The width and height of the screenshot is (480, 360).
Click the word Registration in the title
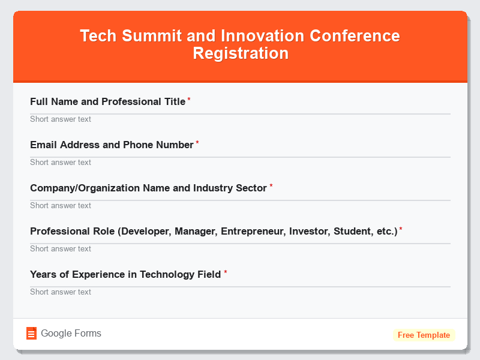(241, 53)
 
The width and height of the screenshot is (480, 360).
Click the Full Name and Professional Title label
(107, 101)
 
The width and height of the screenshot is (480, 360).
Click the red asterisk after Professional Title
(189, 100)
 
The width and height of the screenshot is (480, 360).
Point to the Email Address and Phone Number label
(112, 145)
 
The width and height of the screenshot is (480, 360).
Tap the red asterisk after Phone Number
(197, 143)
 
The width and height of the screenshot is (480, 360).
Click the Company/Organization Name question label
(148, 188)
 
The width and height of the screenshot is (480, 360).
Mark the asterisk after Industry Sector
(271, 186)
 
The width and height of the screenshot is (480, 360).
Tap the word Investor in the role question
(308, 231)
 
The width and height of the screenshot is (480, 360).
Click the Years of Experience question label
(125, 274)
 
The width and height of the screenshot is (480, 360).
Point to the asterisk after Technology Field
(226, 272)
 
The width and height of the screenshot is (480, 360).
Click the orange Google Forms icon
(31, 334)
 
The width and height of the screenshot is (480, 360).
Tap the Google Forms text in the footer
(71, 334)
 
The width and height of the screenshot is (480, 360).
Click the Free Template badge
(424, 335)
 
